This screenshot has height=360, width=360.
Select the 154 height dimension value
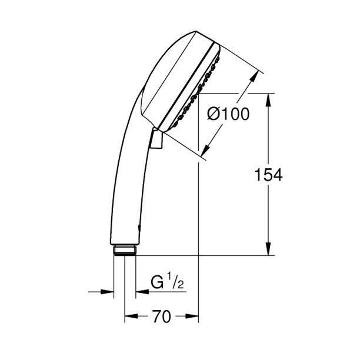point(268,175)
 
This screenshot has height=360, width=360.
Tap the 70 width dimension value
point(161,317)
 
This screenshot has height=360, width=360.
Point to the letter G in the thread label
point(158,283)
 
